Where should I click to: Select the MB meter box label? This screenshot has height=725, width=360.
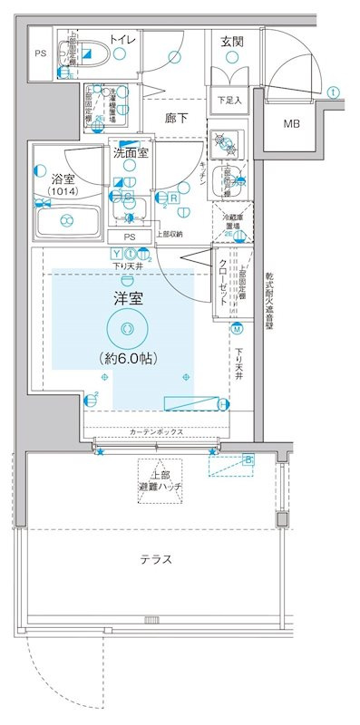[293, 124]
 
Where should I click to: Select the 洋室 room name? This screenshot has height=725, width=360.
[126, 298]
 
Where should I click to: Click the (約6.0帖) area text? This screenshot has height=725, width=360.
[125, 359]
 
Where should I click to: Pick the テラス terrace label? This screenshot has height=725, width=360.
[156, 559]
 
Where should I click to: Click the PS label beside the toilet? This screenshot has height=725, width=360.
[39, 53]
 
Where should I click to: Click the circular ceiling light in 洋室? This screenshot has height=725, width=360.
[125, 328]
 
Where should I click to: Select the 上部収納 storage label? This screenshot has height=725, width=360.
[168, 234]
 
